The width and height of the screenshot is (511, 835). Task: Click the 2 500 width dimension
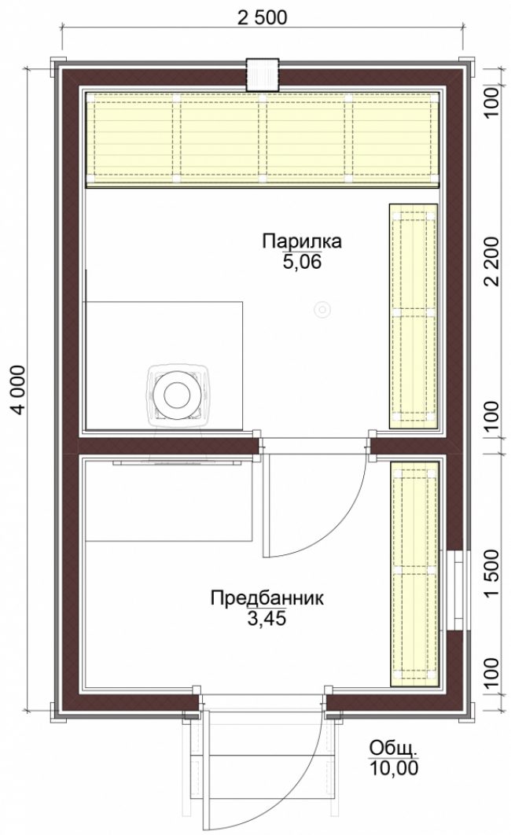coord(262,17)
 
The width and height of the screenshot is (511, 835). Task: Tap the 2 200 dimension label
coord(492,261)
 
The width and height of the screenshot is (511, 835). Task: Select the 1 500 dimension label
coord(492,573)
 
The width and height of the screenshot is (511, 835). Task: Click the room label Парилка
coord(301,241)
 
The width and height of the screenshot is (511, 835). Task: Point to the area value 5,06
coord(302,262)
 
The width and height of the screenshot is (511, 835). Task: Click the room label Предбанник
coord(267,598)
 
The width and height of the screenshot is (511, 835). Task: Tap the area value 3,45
coord(267,618)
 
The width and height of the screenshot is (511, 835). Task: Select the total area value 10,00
coord(394,768)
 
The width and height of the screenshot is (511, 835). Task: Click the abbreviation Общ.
coord(393,748)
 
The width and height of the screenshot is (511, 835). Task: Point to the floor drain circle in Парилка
coord(322,309)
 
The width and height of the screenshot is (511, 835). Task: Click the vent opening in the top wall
coord(263,74)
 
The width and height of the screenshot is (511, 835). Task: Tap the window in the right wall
coord(456,590)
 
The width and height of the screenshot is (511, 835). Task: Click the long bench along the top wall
coord(263,140)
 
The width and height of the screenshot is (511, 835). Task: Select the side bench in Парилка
coord(414,316)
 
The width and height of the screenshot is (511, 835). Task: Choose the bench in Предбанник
coord(414,574)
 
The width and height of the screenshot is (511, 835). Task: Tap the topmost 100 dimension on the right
coord(492,101)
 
